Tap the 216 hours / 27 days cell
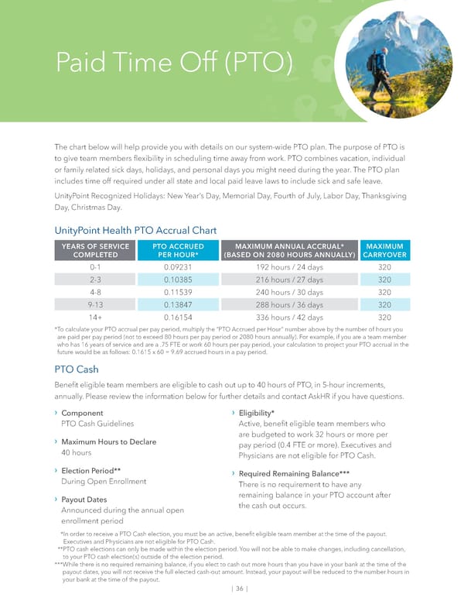(289, 279)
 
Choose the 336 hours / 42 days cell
(289, 317)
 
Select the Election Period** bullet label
(91, 471)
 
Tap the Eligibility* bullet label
(257, 413)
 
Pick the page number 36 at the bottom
(233, 589)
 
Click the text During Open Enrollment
(104, 482)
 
